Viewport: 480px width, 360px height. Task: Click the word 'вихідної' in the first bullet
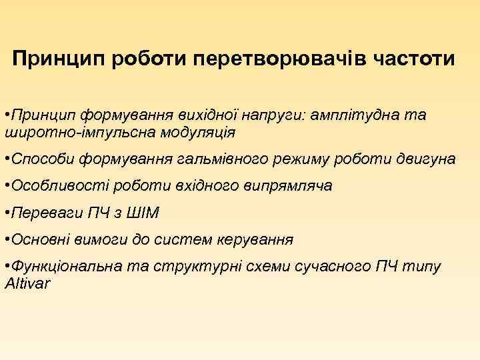coord(201,115)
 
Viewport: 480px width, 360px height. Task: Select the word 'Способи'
coord(41,159)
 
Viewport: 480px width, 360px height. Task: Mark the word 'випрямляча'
coord(291,187)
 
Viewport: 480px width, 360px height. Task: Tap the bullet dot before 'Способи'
coord(6,159)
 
